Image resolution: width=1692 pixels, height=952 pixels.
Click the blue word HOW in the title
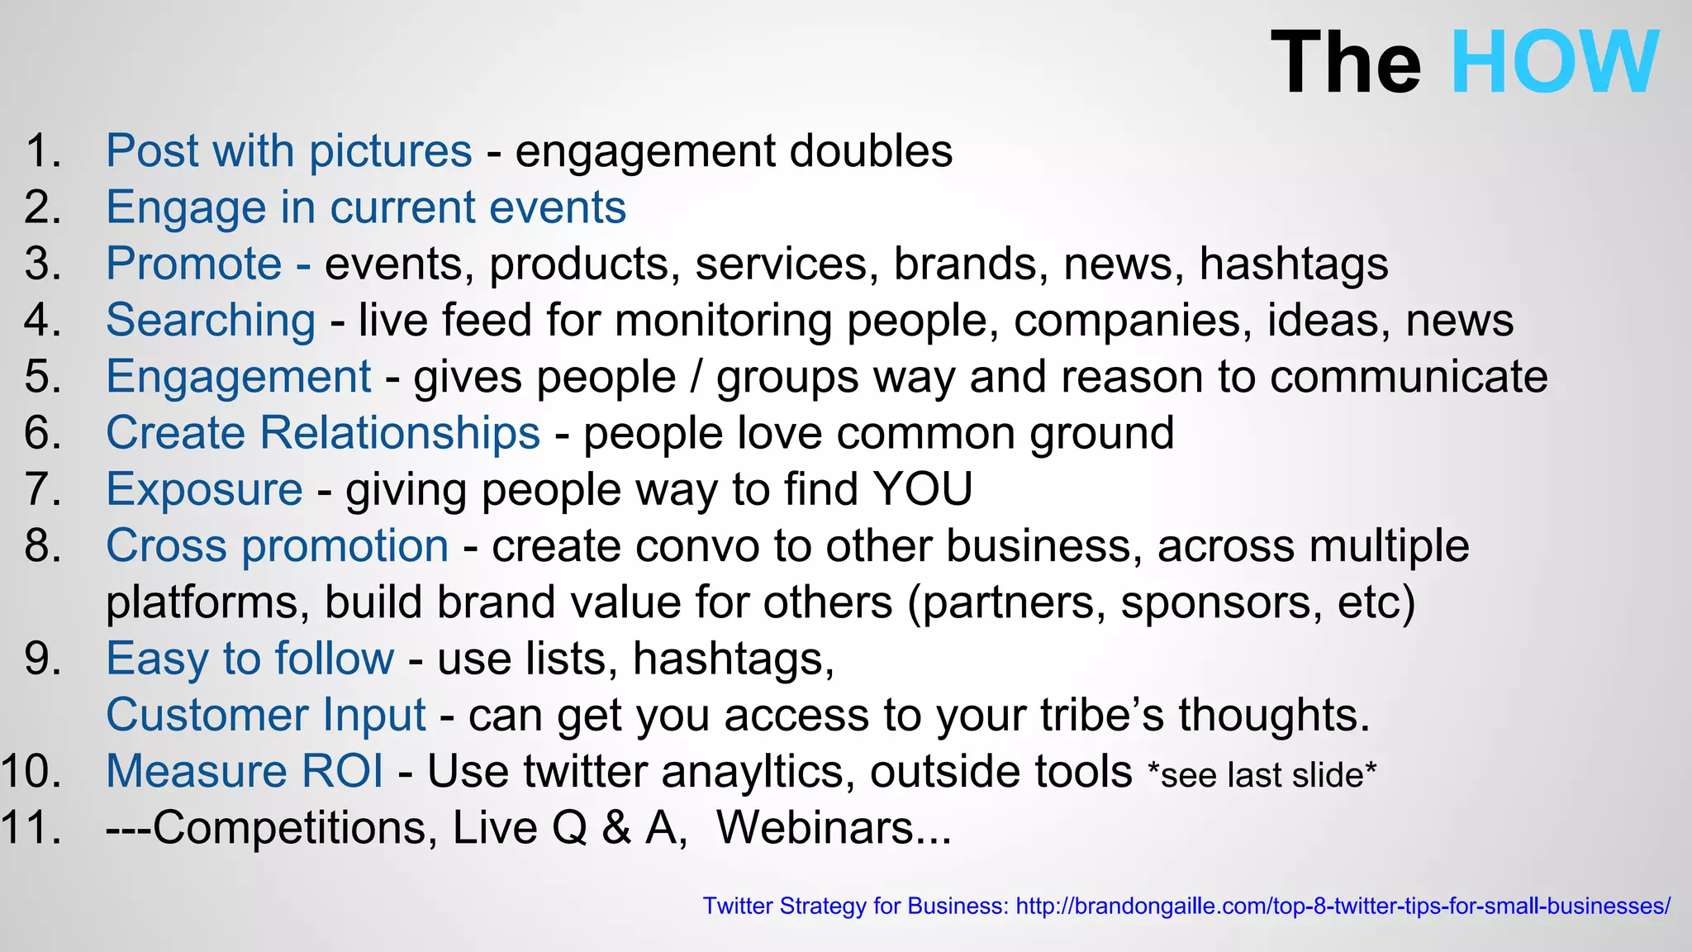1554,63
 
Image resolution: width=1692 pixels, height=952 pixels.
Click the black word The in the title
1345,63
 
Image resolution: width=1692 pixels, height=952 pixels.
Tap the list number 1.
43,151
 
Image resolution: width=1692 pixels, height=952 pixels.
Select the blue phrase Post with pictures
288,151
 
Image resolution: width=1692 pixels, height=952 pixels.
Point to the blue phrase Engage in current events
366,207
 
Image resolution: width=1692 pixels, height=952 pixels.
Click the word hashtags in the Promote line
1293,264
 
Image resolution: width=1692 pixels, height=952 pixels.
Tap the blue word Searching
211,321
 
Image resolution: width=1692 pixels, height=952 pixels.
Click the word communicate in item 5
1408,378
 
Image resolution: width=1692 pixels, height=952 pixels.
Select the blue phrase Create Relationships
322,433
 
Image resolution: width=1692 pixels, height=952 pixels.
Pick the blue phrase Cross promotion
277,546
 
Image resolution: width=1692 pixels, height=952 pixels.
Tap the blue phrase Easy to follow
250,659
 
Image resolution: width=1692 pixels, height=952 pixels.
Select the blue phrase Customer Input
265,715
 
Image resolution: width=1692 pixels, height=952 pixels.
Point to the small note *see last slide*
1262,775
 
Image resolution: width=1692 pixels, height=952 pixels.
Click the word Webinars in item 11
833,827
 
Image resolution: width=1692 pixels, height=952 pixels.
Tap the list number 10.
31,772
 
